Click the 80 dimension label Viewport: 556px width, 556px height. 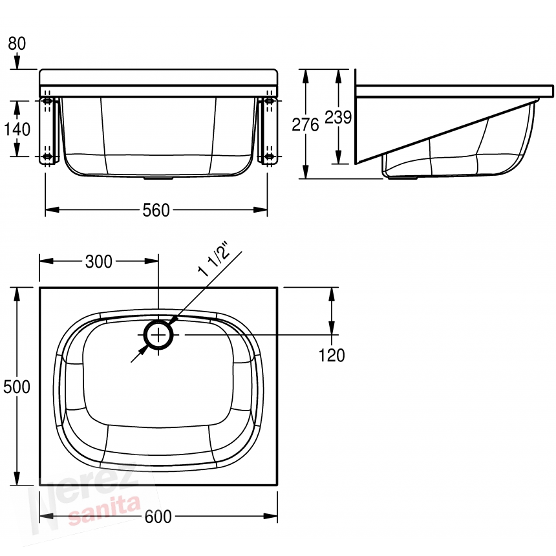pyautogui.click(x=17, y=43)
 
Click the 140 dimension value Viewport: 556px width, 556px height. pyautogui.click(x=17, y=129)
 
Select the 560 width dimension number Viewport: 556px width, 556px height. pyautogui.click(x=156, y=210)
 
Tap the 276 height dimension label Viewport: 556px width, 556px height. pyautogui.click(x=305, y=125)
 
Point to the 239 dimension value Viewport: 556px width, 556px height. pyautogui.click(x=338, y=118)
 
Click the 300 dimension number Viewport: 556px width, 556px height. pyautogui.click(x=98, y=262)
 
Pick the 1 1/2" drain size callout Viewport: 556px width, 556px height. pyautogui.click(x=214, y=259)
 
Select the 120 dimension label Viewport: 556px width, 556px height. pyautogui.click(x=332, y=356)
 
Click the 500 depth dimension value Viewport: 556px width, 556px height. pyautogui.click(x=17, y=387)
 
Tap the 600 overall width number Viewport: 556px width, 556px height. pyautogui.click(x=158, y=517)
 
